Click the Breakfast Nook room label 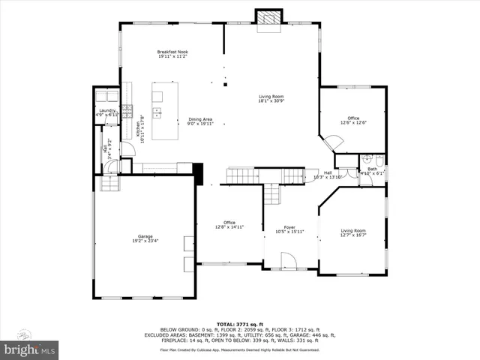click(x=172, y=53)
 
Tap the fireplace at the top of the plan click(x=267, y=18)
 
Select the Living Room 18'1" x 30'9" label click(x=271, y=99)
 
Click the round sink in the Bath click(x=363, y=158)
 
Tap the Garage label click(x=145, y=238)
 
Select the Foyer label click(x=289, y=229)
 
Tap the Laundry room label click(x=107, y=112)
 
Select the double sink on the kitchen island click(x=157, y=113)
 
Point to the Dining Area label click(x=200, y=121)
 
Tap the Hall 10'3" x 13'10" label click(x=328, y=174)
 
